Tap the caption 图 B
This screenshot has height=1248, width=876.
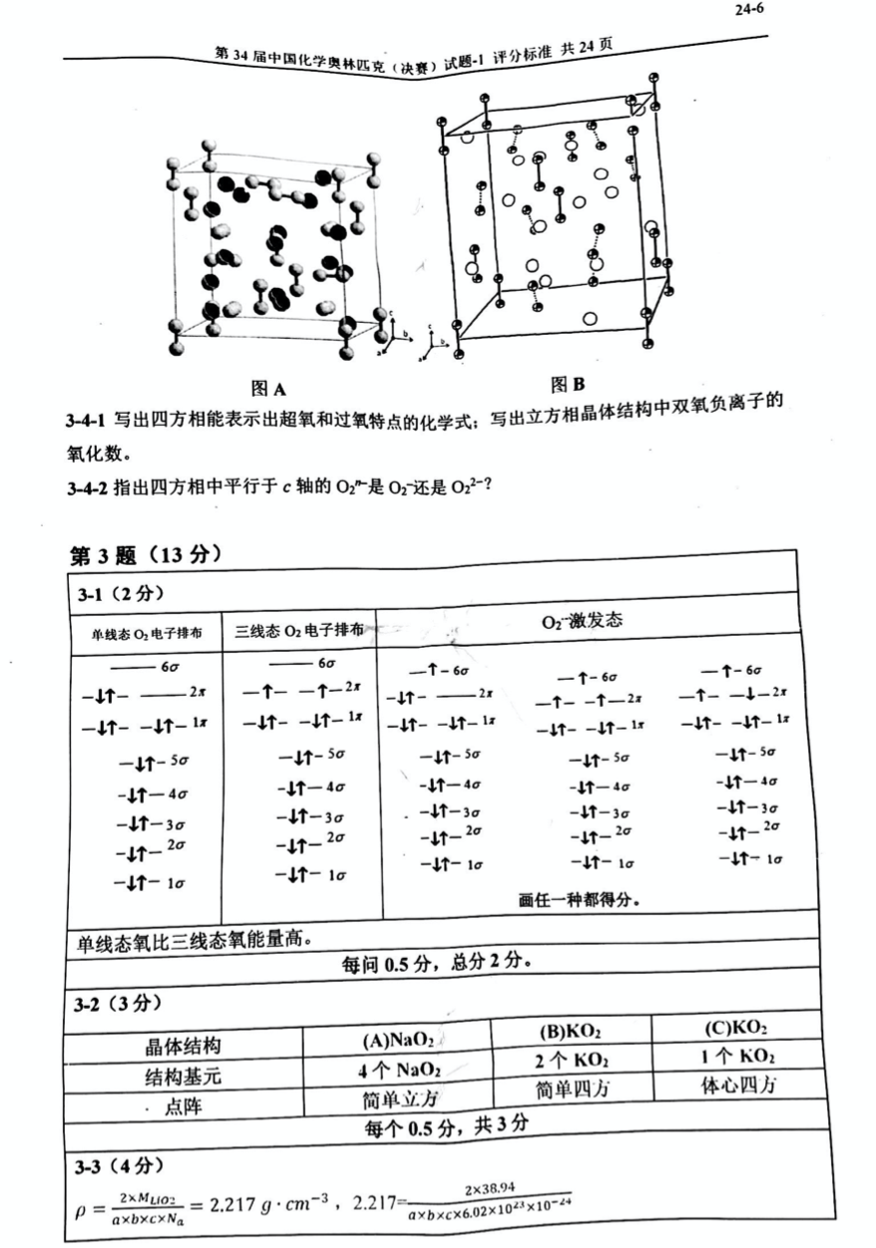pyautogui.click(x=566, y=384)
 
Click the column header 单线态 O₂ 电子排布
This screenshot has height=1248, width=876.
pyautogui.click(x=147, y=633)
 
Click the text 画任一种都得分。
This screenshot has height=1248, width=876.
pyautogui.click(x=580, y=898)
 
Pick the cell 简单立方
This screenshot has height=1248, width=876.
pyautogui.click(x=399, y=1099)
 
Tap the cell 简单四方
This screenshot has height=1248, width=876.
pyautogui.click(x=575, y=1089)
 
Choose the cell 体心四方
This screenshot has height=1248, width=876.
pyautogui.click(x=739, y=1084)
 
